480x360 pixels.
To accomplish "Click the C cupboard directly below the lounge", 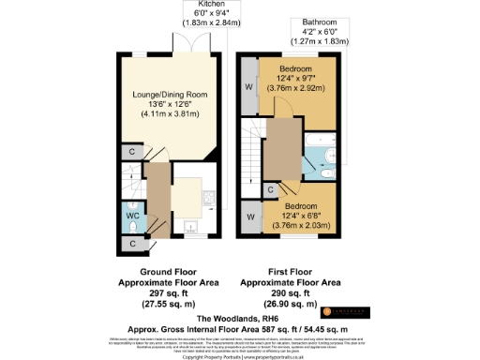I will (x=132, y=152).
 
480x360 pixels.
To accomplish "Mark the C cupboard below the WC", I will (x=132, y=244).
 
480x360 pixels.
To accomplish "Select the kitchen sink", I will (x=190, y=226).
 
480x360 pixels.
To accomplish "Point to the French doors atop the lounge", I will (x=181, y=46).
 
